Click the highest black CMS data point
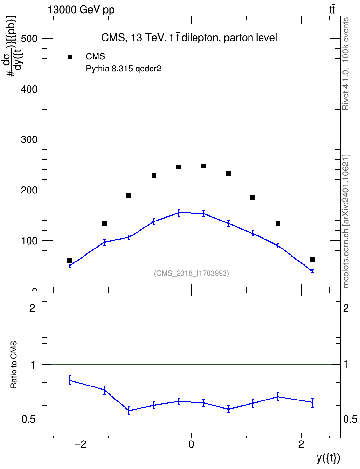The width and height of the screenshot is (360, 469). (203, 166)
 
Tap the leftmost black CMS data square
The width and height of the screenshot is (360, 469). (69, 261)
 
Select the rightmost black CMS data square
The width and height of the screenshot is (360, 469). (312, 259)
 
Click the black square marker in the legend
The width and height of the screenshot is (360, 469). (70, 57)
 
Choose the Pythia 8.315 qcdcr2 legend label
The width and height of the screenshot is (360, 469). (124, 69)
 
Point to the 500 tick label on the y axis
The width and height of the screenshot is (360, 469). (29, 39)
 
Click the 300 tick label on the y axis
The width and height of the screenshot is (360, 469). (29, 139)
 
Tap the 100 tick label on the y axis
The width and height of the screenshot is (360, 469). (29, 240)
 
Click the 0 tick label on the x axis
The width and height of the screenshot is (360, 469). (191, 444)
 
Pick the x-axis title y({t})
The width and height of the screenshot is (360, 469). (328, 458)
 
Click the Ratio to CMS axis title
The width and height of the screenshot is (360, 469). (14, 365)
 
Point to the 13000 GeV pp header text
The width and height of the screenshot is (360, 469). (81, 10)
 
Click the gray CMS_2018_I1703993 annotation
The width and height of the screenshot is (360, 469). (192, 273)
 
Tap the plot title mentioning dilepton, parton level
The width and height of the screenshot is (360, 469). (189, 38)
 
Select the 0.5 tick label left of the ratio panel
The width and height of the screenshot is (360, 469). (28, 420)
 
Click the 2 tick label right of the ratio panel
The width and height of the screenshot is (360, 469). (346, 308)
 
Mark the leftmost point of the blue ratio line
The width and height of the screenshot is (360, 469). (69, 380)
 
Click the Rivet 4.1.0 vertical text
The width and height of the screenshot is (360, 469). (346, 64)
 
